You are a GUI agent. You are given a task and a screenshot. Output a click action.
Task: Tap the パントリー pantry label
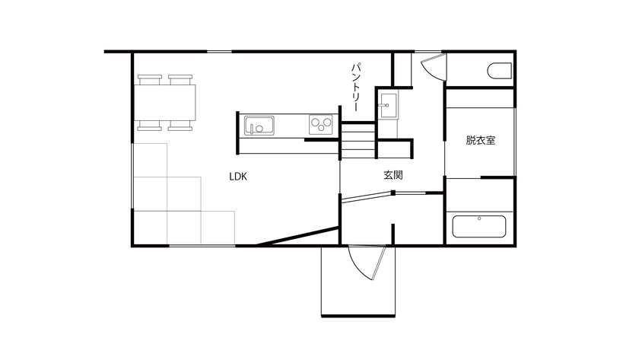point(355,85)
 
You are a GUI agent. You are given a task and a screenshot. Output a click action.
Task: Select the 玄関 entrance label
point(393,175)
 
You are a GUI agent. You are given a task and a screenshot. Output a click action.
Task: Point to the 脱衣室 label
point(481,140)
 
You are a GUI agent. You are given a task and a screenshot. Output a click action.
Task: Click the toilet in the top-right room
point(500,71)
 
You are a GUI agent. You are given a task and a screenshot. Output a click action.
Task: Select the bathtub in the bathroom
point(479,227)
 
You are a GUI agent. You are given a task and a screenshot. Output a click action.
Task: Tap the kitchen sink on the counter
point(259,125)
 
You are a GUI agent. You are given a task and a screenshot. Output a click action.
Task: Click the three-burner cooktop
point(322,124)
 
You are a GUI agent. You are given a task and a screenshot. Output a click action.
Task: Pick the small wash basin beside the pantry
point(388,105)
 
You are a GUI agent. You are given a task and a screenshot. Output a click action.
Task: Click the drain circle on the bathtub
point(479,219)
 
